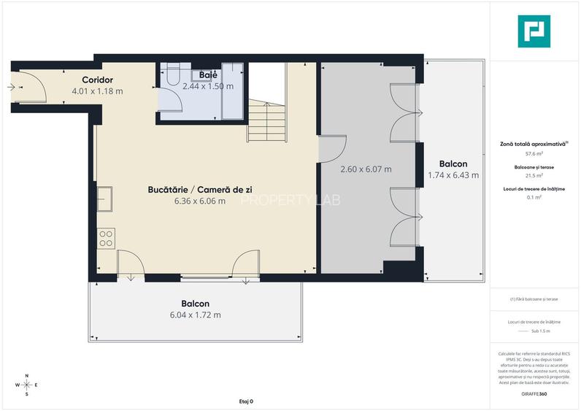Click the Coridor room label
pos(96,80)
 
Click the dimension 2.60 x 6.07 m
pos(366,169)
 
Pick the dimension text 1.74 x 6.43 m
pos(453,175)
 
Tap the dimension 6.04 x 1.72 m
pos(195,315)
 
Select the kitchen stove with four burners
pos(106,238)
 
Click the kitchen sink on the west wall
pos(104,199)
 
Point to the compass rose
pos(27,385)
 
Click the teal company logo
pos(534,32)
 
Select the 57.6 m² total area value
pos(535,155)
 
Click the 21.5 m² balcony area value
pos(535,176)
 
